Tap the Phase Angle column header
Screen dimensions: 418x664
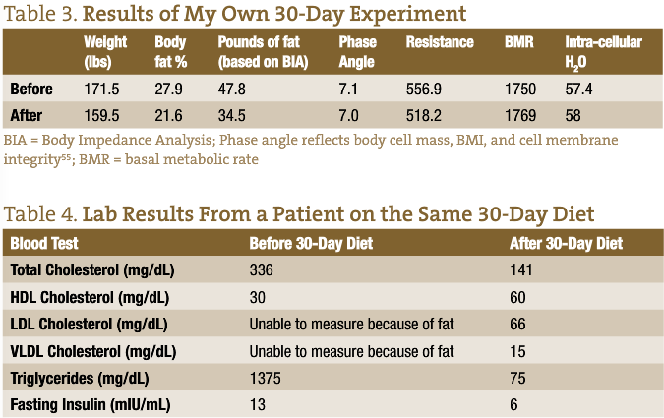[358, 51]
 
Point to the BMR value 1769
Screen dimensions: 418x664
[520, 115]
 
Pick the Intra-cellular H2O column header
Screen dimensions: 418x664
[603, 51]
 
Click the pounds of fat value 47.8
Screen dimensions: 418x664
[234, 90]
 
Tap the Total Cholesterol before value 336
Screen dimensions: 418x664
[262, 269]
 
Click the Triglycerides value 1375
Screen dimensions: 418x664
[266, 378]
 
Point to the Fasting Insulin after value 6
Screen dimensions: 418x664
[513, 404]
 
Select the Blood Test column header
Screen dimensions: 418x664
[44, 243]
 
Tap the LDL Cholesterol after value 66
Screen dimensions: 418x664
[517, 324]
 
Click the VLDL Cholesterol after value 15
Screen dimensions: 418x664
[517, 350]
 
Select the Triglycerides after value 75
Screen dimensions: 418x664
[517, 378]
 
